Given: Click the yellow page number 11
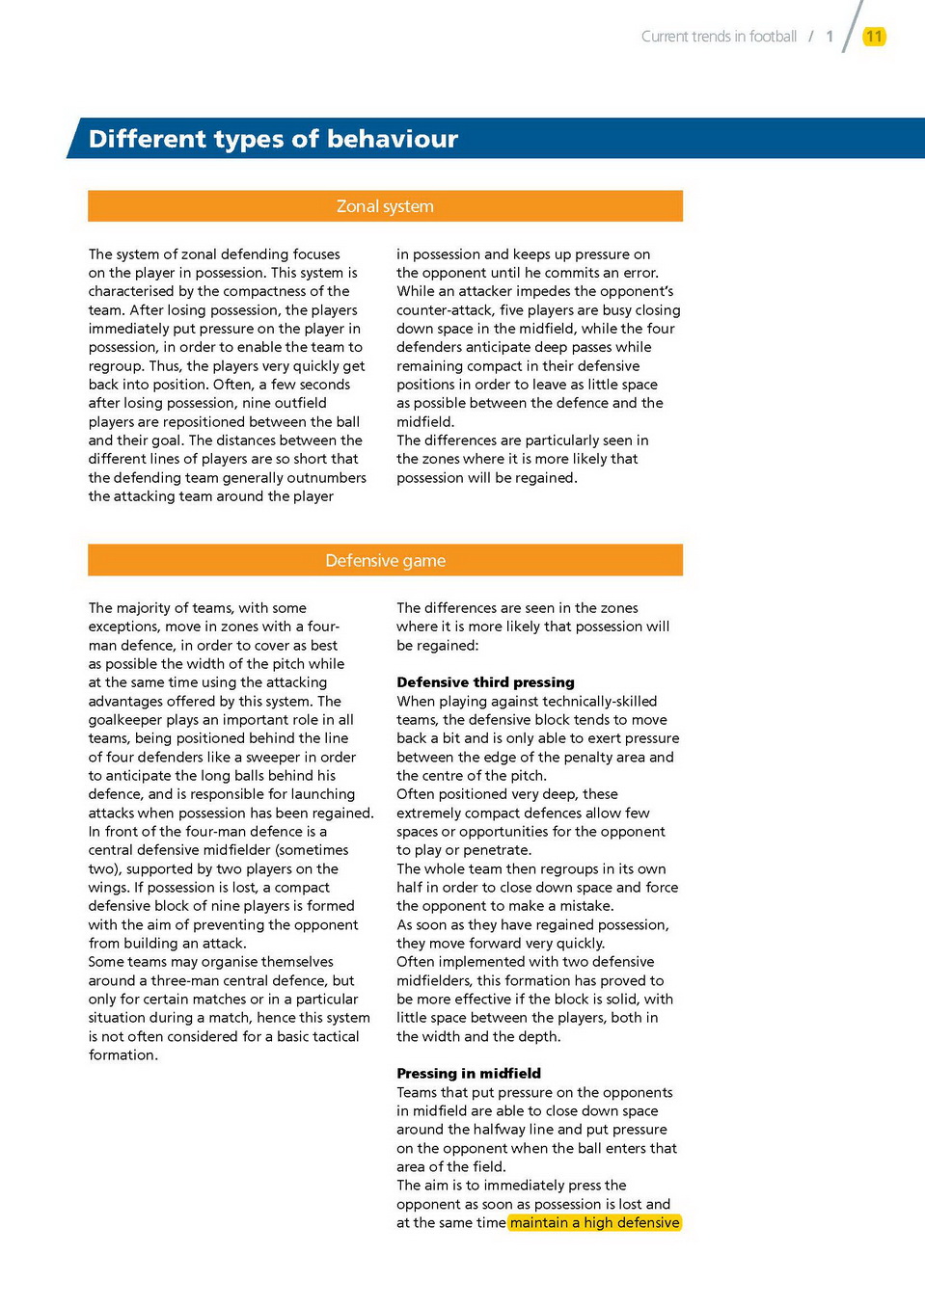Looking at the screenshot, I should click(874, 37).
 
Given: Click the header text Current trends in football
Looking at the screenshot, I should click(719, 37).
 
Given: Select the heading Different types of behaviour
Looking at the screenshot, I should click(273, 139).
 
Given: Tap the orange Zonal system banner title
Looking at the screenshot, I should click(385, 206).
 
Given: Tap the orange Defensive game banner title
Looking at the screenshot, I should click(385, 561).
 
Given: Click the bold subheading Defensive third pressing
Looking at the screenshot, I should click(485, 682).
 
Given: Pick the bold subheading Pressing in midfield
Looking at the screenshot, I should click(469, 1074).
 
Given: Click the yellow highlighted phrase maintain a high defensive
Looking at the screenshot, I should click(594, 1223).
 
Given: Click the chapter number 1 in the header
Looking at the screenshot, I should click(830, 37).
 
